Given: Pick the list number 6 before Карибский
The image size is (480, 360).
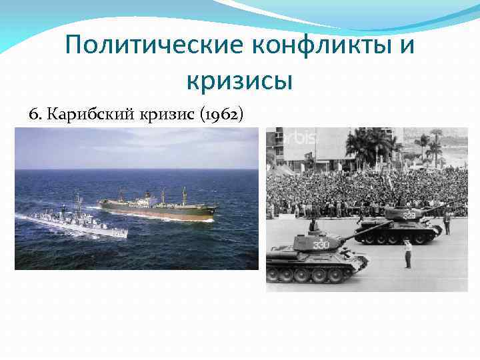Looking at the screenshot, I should tap(34, 114).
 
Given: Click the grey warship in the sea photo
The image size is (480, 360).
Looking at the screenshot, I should tap(73, 222).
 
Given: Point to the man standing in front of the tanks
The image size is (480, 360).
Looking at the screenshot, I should tap(407, 253).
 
